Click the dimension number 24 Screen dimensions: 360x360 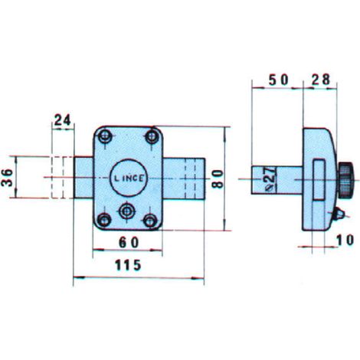coord(62,120)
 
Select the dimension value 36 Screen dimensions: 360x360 coord(7,178)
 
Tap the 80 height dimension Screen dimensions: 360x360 coord(218,178)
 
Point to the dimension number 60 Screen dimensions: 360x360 coord(129,242)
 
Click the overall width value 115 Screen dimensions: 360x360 coord(128,265)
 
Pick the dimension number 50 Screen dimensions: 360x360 coord(279,80)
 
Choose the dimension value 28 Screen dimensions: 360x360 coord(321,80)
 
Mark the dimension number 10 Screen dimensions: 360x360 coord(345,240)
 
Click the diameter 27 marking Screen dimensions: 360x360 coord(270,178)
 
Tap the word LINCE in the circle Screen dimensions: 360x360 coord(129,178)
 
